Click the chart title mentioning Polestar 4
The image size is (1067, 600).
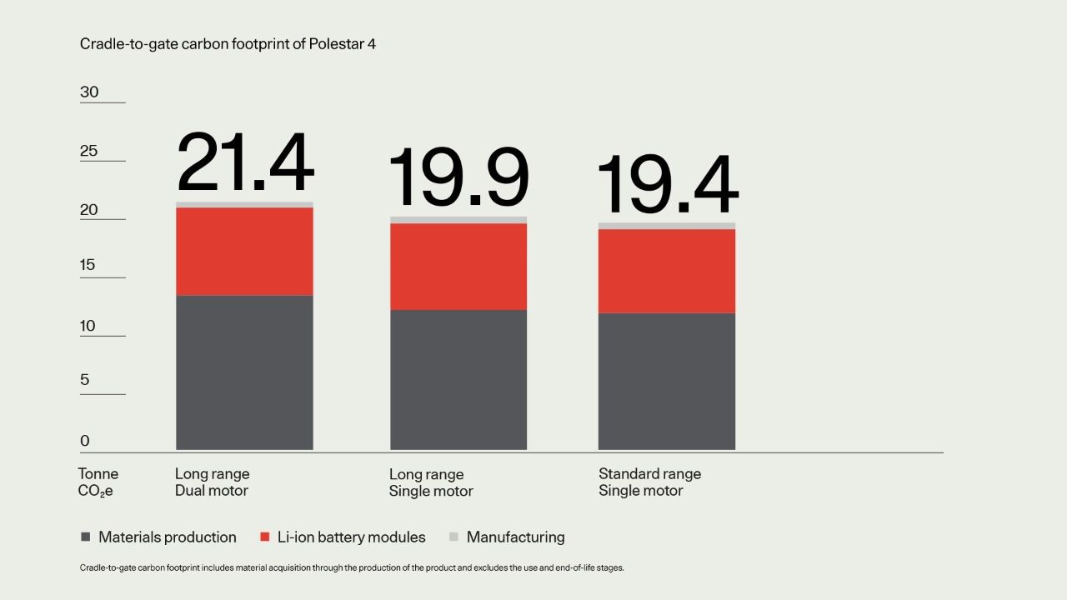228,44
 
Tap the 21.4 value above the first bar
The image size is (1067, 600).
245,163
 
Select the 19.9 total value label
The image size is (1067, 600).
458,177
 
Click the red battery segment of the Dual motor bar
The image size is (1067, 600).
244,251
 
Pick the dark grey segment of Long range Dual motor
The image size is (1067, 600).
244,372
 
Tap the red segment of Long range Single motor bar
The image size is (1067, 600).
458,267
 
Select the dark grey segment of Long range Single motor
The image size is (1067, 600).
458,379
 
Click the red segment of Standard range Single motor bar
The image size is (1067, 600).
667,271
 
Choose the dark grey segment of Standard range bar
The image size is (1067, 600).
667,381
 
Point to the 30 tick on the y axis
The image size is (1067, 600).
89,92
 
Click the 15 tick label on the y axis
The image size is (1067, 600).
88,265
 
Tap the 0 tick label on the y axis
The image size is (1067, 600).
85,441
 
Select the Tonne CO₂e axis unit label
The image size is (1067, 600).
98,482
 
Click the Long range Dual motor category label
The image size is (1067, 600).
212,482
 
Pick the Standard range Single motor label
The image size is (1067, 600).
649,482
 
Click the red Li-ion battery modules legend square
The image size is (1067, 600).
265,537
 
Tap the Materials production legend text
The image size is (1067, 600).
167,537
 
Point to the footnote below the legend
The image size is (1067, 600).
352,568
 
